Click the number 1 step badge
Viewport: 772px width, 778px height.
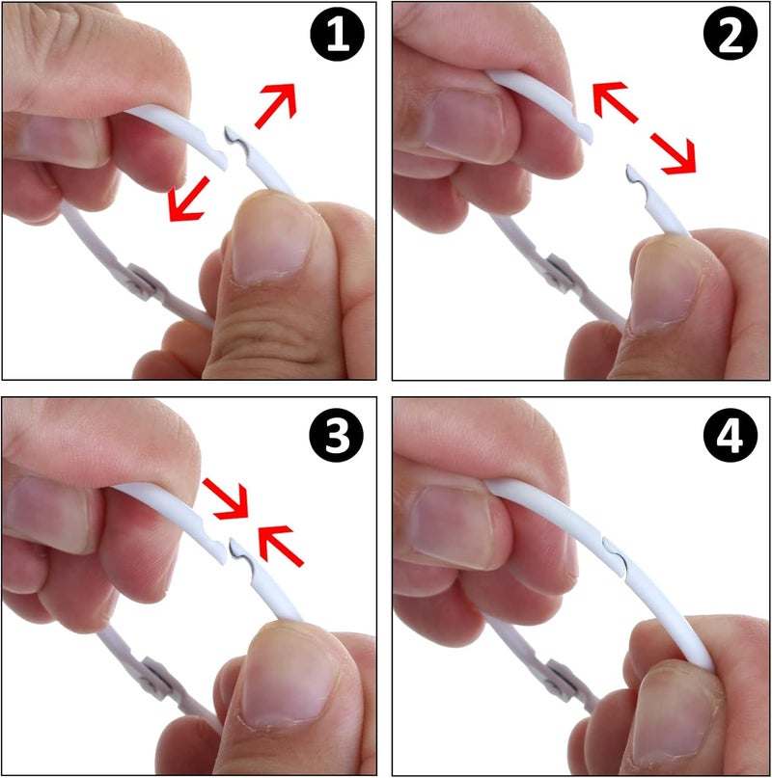(338, 35)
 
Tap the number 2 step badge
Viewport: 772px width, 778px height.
(731, 35)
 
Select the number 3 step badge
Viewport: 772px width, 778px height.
(337, 435)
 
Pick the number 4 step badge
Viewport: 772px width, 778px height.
(731, 435)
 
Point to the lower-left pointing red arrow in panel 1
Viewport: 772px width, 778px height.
(188, 199)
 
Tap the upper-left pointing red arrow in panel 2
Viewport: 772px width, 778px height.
(615, 102)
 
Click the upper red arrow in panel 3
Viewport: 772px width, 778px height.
(226, 498)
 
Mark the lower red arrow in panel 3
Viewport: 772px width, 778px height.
(281, 546)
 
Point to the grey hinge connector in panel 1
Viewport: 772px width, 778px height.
(141, 282)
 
